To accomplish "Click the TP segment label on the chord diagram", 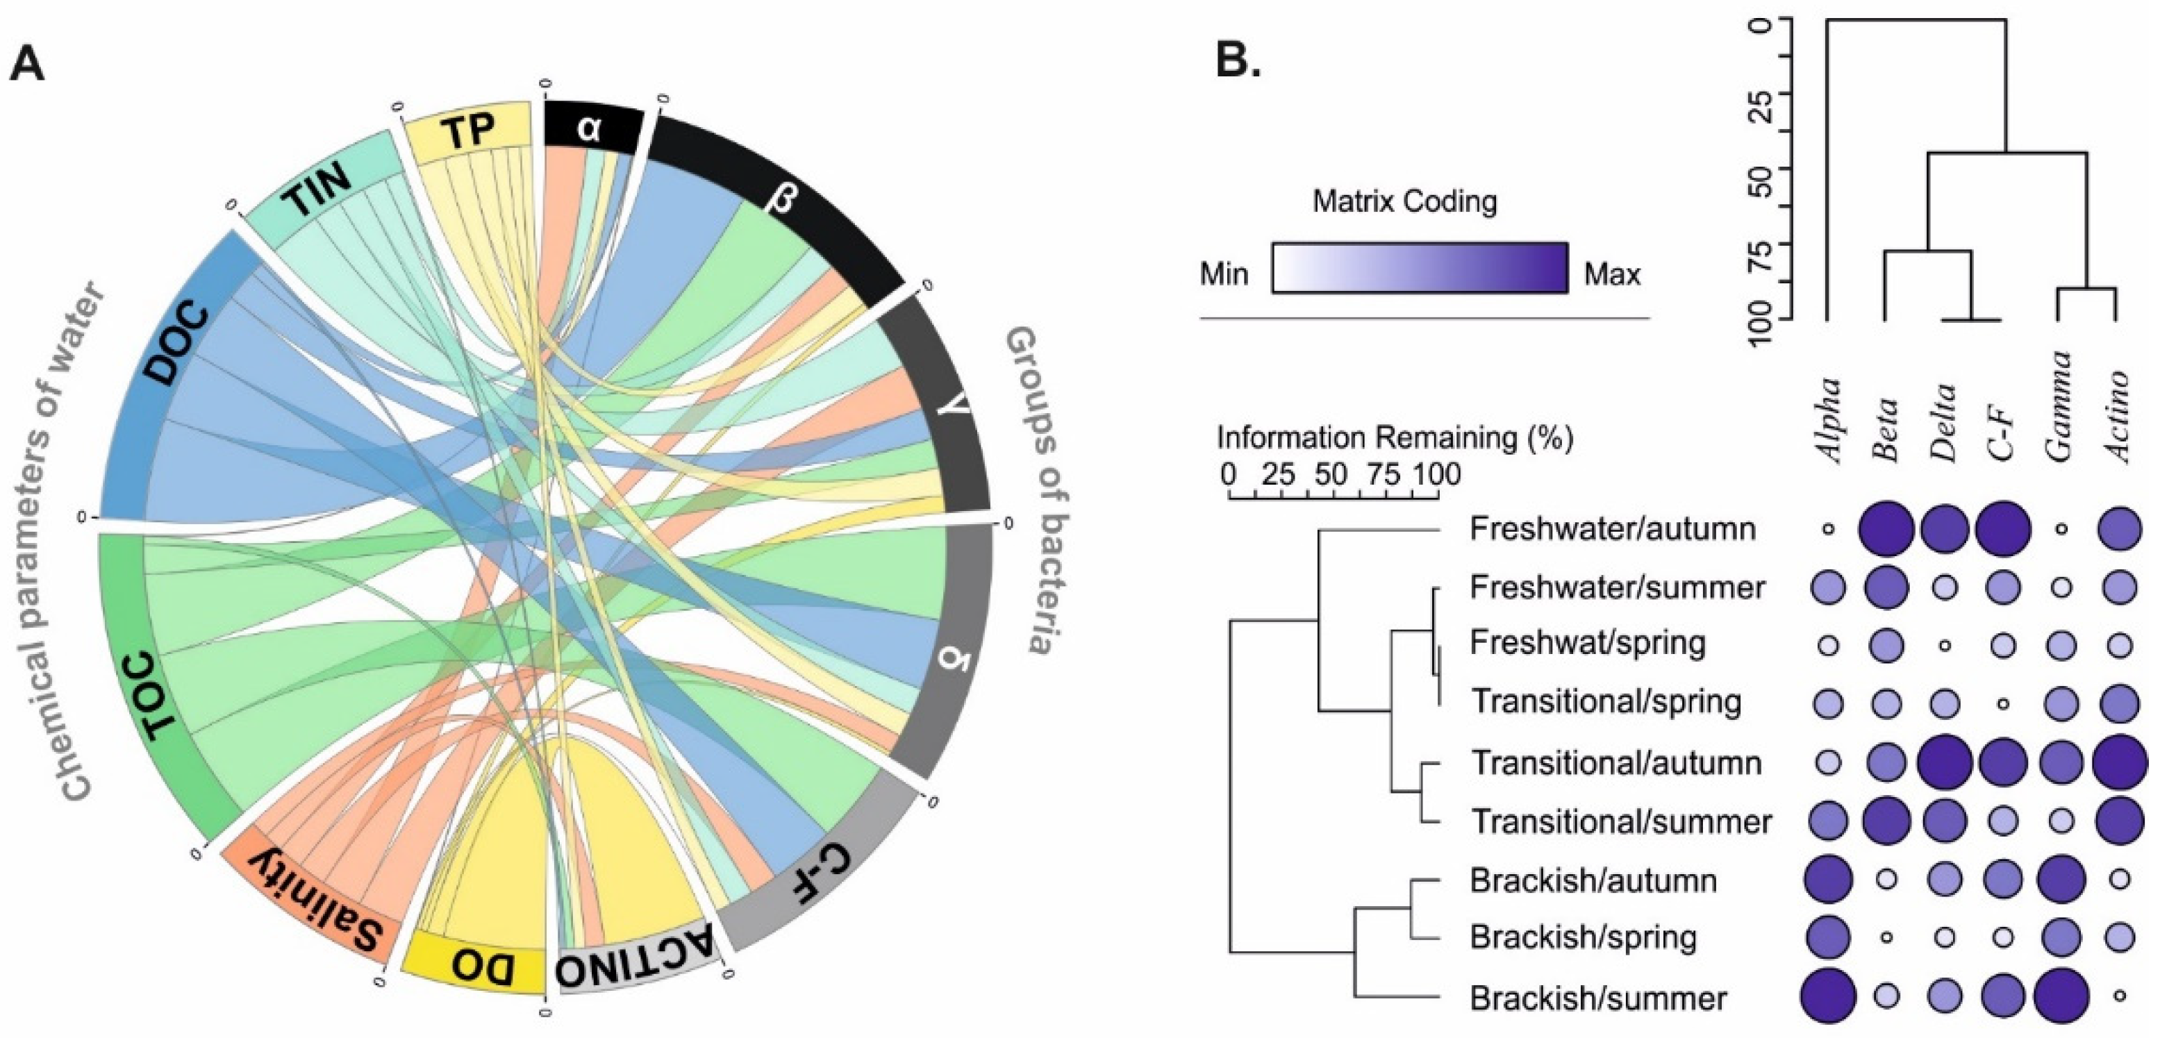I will pos(468,133).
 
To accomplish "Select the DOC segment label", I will pos(178,344).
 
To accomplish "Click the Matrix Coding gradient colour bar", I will pos(1420,267).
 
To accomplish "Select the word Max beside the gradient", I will pos(1611,274).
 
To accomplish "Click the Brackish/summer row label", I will pos(1598,998).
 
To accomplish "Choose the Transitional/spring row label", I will pos(1606,701).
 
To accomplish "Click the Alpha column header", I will pos(1829,419).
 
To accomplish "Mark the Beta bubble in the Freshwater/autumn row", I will pos(1886,529).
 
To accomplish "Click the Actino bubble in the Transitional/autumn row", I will pos(2120,763).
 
